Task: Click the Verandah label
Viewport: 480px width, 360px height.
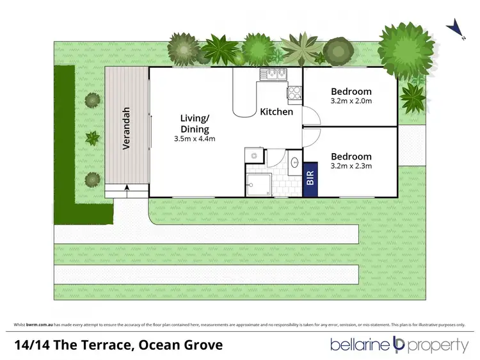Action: (127, 128)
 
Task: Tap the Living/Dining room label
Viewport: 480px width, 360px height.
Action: (195, 124)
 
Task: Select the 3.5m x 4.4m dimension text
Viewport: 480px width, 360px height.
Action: (195, 139)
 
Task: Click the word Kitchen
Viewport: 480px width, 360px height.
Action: (276, 112)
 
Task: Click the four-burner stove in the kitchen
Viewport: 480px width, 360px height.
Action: (294, 95)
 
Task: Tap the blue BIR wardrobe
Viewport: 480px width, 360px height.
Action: (310, 177)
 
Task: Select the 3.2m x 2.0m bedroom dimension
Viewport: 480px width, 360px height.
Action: (351, 101)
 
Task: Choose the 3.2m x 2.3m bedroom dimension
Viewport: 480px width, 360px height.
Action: (351, 167)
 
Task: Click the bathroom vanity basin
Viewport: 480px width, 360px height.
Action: (294, 161)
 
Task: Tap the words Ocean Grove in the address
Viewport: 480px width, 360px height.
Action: (187, 345)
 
